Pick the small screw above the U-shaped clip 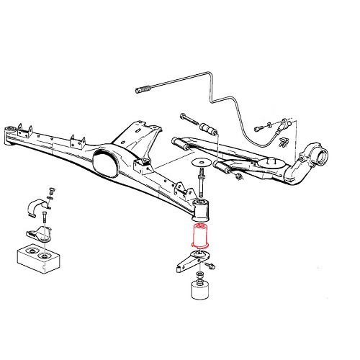pyautogui.click(x=50, y=190)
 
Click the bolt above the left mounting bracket pyautogui.click(x=45, y=217)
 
